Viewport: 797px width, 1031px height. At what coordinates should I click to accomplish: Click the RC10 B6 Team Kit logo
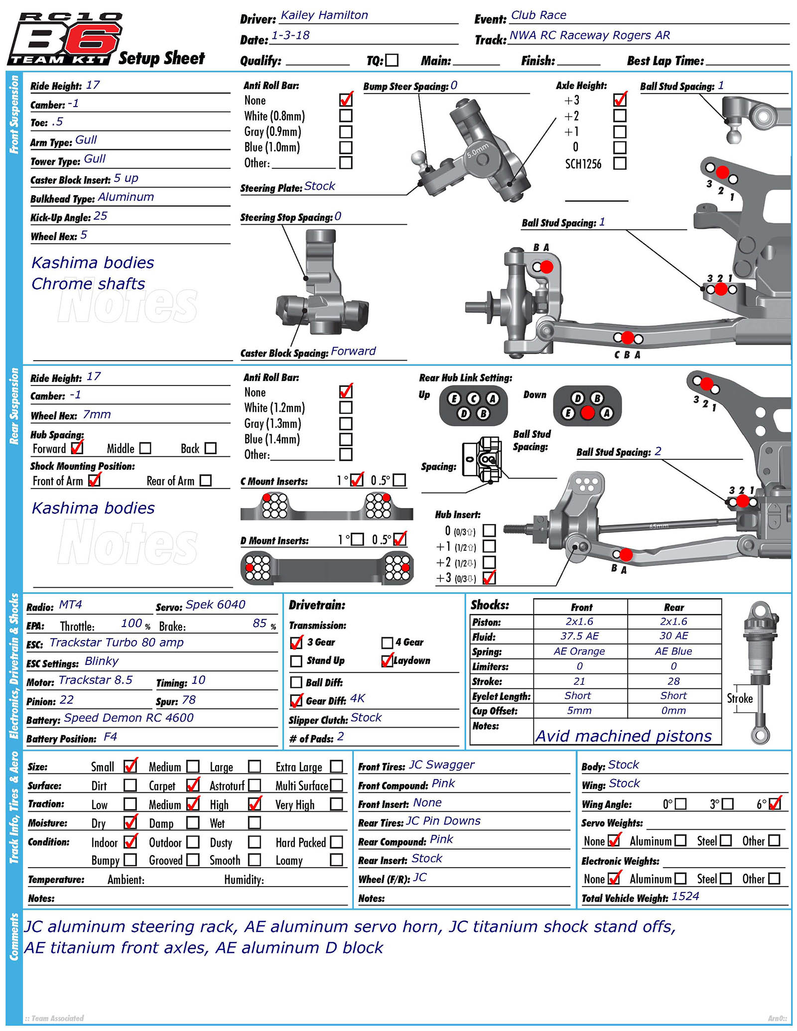coord(65,39)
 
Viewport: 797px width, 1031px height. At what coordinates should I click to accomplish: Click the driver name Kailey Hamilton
coord(324,15)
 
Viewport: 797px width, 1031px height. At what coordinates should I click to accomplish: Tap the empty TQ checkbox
coord(393,60)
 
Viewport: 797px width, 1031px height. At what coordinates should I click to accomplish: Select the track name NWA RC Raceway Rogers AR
coord(590,35)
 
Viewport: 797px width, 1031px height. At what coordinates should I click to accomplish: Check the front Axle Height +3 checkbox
coord(620,100)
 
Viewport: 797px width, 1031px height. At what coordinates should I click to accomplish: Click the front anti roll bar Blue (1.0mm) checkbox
coord(346,147)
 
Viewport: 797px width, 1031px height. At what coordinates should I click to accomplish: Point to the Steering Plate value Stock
coord(320,186)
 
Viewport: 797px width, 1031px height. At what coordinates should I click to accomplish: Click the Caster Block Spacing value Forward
coord(353,351)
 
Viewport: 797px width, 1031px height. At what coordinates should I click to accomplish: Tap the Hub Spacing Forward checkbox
coord(77,448)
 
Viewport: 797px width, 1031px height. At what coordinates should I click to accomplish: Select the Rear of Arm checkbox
coord(206,481)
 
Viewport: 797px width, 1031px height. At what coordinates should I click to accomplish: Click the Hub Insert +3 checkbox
coord(489,578)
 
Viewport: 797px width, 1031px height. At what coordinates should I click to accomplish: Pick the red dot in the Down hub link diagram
coord(588,413)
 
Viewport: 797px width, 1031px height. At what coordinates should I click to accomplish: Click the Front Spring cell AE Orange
coord(579,651)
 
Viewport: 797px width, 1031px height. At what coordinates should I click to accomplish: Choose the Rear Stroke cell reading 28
coord(673,681)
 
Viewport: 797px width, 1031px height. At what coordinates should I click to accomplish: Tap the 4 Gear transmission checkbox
coord(387,643)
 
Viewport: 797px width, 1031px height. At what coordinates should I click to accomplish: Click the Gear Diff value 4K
coord(358,699)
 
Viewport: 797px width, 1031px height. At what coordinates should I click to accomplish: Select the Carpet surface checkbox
coord(193,785)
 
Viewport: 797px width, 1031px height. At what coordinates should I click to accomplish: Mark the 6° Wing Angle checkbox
coord(775,804)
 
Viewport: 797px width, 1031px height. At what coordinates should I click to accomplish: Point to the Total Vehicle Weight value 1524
coord(685,897)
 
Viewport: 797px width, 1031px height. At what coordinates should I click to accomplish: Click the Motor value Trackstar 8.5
coord(96,680)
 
